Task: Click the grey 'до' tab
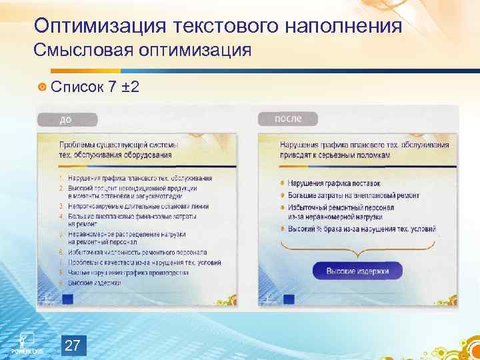(x=67, y=120)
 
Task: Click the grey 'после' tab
(x=288, y=119)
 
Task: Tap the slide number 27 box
(x=74, y=345)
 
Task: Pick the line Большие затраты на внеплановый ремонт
(x=353, y=195)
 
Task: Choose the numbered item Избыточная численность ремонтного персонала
(x=137, y=253)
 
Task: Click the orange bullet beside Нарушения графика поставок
(x=283, y=183)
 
